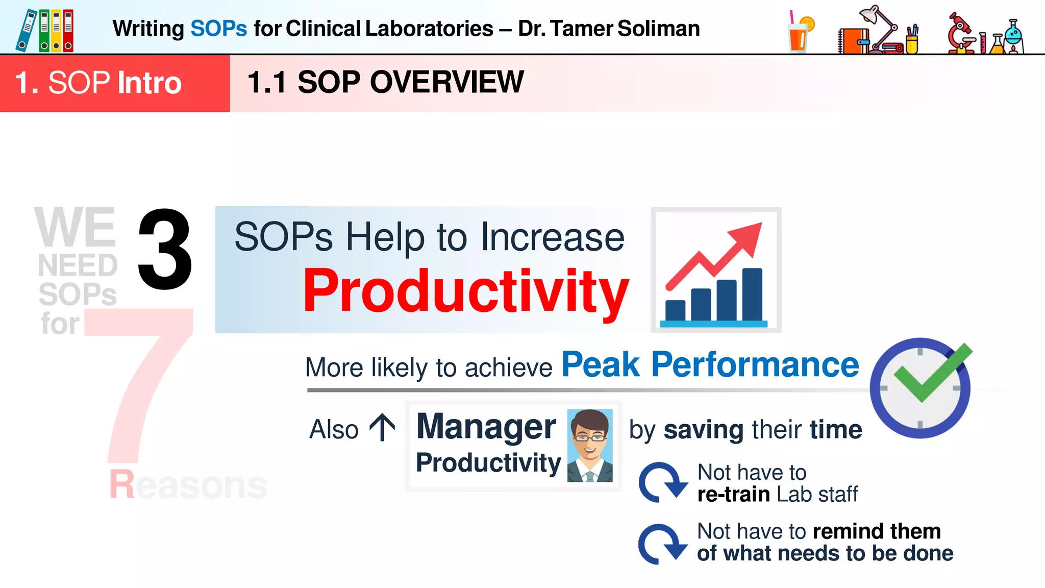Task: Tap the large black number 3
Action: pyautogui.click(x=165, y=250)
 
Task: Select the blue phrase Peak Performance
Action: pyautogui.click(x=710, y=365)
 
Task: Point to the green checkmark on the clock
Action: pyautogui.click(x=932, y=375)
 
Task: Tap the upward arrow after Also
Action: pyautogui.click(x=382, y=428)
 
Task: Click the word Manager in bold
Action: pyautogui.click(x=486, y=427)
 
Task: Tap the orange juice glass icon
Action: pyautogui.click(x=800, y=33)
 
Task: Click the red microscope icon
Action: pyautogui.click(x=960, y=33)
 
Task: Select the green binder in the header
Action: pyautogui.click(x=44, y=31)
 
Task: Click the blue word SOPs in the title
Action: pyautogui.click(x=218, y=29)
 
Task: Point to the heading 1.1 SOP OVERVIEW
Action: pyautogui.click(x=385, y=82)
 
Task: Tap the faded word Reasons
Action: pyautogui.click(x=188, y=484)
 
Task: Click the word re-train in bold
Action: pyautogui.click(x=733, y=495)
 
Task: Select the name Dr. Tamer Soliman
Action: pyautogui.click(x=609, y=29)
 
